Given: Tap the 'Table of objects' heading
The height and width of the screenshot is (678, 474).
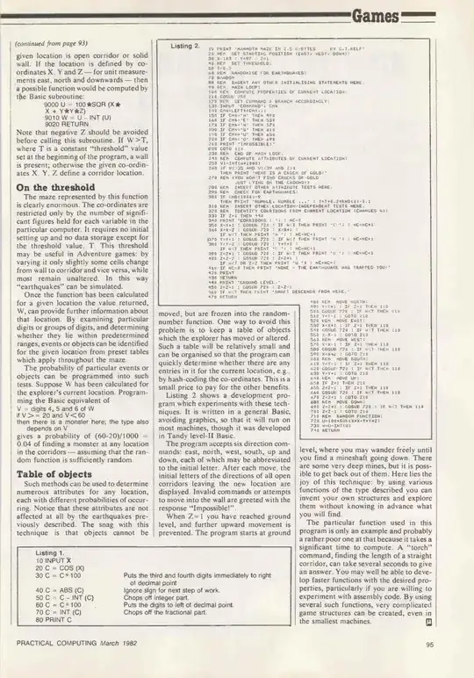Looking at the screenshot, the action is [57, 445].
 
